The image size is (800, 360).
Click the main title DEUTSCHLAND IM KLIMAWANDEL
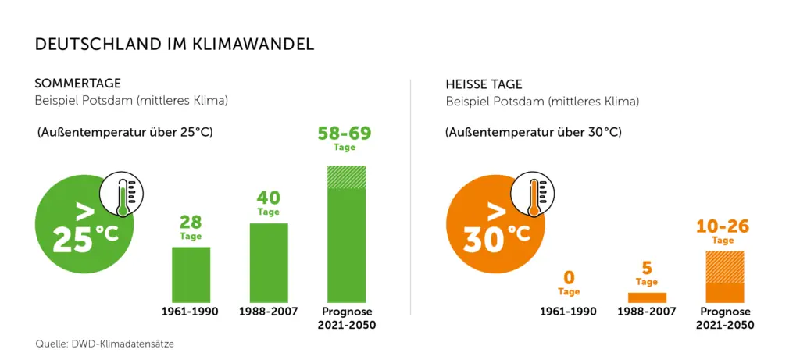tap(174, 45)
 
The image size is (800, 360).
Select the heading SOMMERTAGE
tap(77, 84)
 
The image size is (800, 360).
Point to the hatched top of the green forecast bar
tap(347, 176)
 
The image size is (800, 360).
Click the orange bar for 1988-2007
tap(647, 298)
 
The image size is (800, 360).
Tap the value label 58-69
tap(345, 133)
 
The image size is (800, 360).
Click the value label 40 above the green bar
tap(268, 198)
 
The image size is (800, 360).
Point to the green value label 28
tap(191, 222)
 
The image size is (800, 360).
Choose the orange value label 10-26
tap(723, 227)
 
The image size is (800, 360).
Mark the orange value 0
tap(569, 277)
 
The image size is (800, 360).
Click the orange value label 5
tap(647, 268)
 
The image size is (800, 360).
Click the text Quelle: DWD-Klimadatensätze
tap(109, 343)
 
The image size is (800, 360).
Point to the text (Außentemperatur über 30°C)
tap(534, 132)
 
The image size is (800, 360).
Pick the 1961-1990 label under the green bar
tap(190, 312)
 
